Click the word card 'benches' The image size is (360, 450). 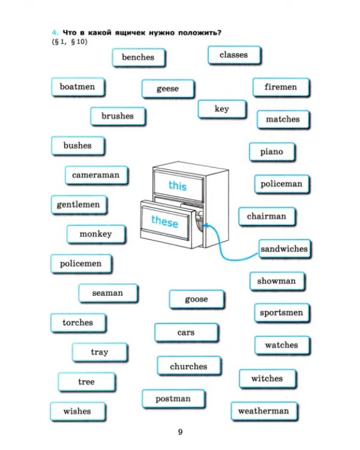click(139, 58)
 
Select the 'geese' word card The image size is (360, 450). click(168, 89)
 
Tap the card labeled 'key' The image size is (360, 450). click(222, 109)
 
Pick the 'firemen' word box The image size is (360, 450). click(281, 87)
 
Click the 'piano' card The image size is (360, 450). click(272, 152)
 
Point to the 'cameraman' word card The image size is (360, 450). click(97, 175)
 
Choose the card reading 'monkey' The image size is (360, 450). click(96, 235)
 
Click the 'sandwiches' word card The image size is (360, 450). click(285, 249)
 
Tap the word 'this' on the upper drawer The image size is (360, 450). click(178, 185)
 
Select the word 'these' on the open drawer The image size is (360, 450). click(165, 221)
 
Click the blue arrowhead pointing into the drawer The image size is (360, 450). click(205, 226)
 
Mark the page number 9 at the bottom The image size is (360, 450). click(180, 432)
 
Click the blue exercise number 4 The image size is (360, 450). click(55, 32)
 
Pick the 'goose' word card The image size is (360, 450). click(197, 299)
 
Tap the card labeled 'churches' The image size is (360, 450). click(189, 366)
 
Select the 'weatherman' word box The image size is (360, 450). click(264, 411)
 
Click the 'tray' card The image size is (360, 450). click(100, 352)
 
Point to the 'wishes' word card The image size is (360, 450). click(78, 412)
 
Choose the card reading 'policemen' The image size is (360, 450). click(81, 264)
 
